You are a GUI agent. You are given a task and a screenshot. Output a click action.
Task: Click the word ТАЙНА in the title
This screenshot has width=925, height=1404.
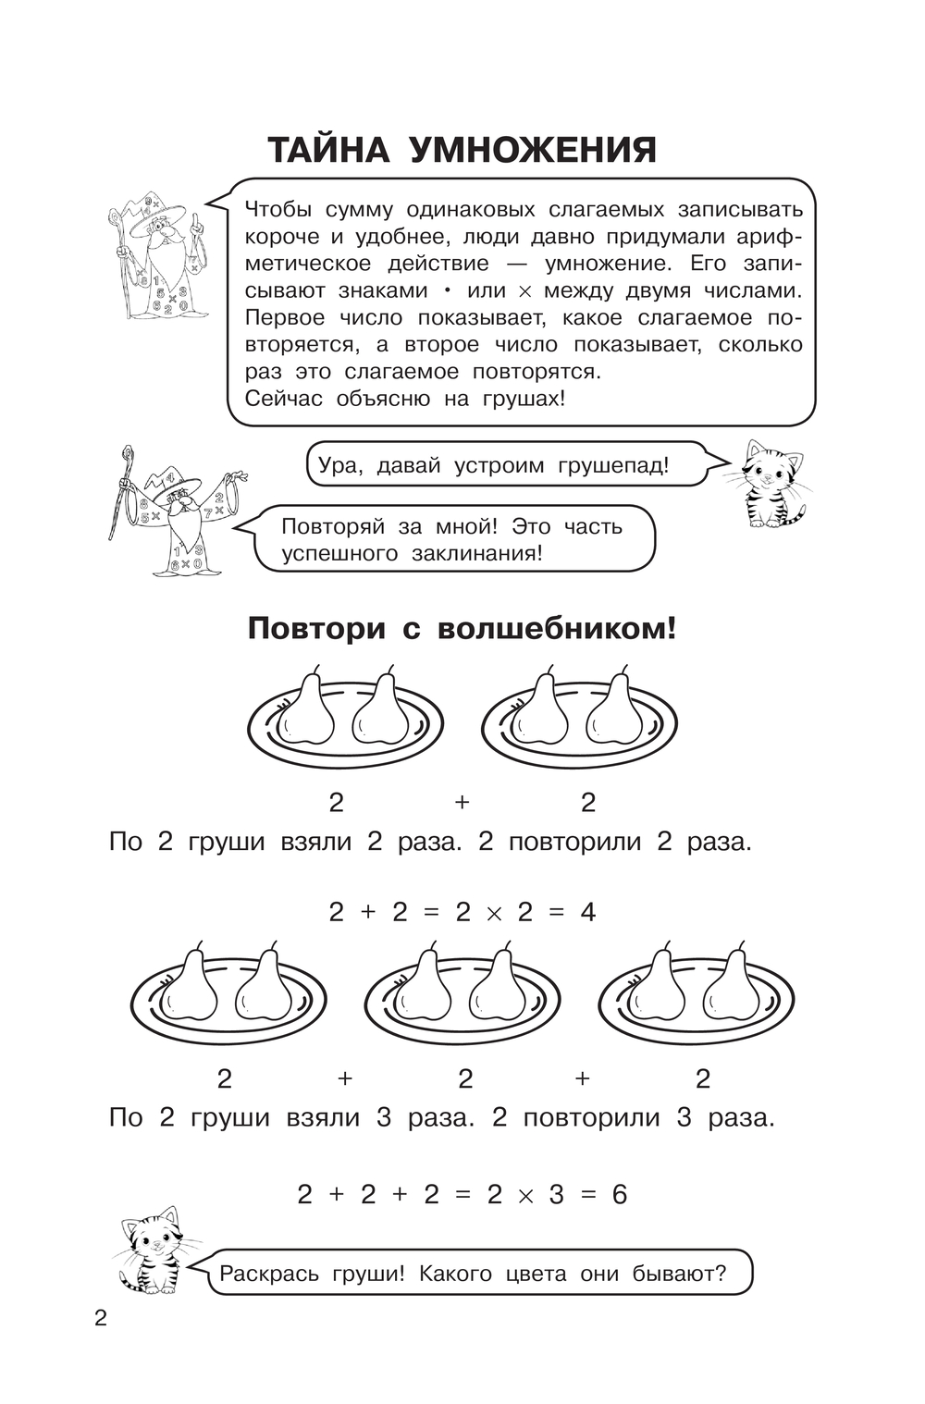click(x=327, y=151)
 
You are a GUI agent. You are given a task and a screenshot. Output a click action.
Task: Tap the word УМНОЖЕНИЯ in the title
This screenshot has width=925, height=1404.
click(x=534, y=151)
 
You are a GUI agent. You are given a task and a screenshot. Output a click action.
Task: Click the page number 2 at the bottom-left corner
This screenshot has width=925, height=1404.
click(x=100, y=1319)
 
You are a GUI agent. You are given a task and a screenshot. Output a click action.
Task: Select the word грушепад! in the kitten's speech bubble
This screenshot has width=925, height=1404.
click(x=612, y=466)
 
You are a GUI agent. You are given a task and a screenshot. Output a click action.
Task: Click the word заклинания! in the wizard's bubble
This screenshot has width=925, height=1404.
click(x=477, y=554)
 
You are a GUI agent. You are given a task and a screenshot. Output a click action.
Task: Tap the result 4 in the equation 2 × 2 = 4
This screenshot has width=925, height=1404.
click(x=588, y=912)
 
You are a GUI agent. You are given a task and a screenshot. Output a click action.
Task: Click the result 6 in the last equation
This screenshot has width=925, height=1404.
click(x=619, y=1195)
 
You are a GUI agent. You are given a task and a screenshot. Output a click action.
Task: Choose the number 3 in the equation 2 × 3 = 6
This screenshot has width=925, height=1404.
click(x=557, y=1195)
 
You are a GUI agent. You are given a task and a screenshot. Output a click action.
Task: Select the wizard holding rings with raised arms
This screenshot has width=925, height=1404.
click(x=178, y=511)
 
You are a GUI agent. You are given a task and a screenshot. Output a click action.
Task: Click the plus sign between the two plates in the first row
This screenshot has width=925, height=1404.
click(x=462, y=802)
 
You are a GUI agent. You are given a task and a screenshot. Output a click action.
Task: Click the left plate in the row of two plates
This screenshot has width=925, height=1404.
click(x=345, y=720)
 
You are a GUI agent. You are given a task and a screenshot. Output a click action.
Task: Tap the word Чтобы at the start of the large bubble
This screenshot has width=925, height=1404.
click(x=278, y=209)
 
